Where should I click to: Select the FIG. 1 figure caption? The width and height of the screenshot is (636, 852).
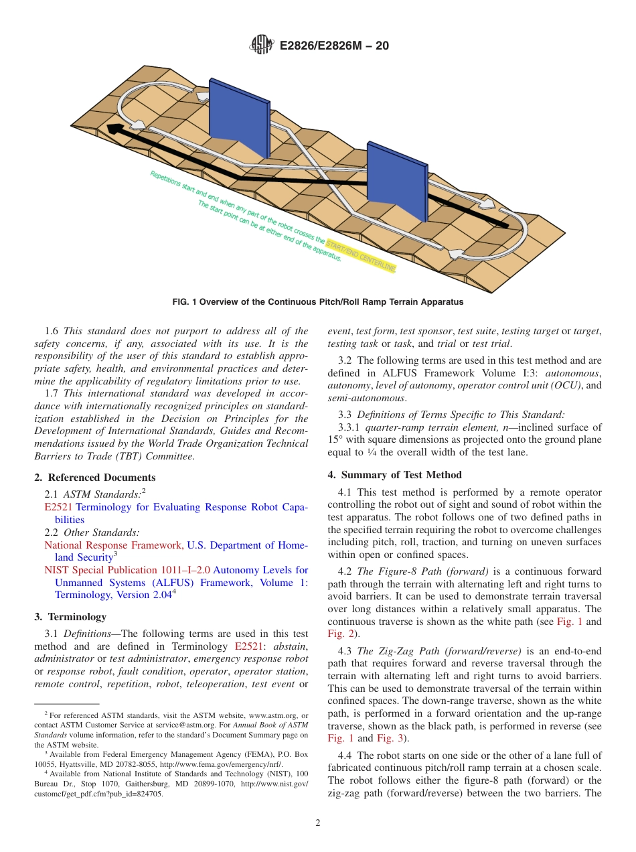point(317,302)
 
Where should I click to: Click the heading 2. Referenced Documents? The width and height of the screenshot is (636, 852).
point(94,478)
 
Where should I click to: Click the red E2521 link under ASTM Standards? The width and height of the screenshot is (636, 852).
point(58,507)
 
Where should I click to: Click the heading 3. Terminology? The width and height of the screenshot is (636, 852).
point(70,617)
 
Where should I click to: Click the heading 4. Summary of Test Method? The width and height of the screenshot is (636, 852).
point(394,475)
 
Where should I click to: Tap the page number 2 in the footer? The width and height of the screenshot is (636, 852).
point(318,823)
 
